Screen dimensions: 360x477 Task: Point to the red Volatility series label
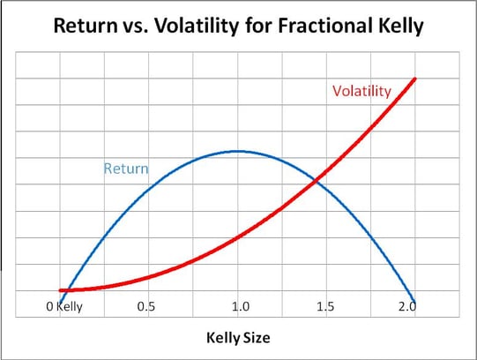click(361, 91)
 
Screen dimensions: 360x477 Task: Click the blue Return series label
click(126, 168)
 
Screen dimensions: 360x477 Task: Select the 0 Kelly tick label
click(63, 308)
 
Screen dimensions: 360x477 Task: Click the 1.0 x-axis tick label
click(240, 308)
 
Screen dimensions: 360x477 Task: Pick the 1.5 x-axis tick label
click(325, 308)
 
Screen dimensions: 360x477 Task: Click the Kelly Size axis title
click(238, 338)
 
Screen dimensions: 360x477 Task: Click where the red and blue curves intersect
click(317, 181)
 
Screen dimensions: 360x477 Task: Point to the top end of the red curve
click(414, 79)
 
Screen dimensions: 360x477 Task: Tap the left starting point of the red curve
click(61, 290)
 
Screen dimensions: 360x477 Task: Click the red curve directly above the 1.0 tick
click(238, 238)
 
